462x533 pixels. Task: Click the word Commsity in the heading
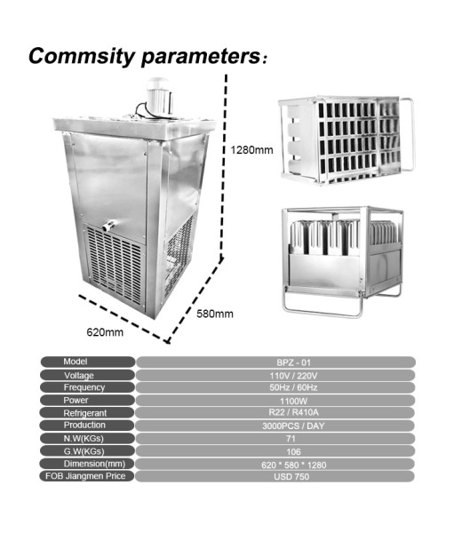click(x=82, y=57)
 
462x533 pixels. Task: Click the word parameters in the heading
click(x=201, y=57)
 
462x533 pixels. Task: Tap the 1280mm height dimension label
click(x=251, y=150)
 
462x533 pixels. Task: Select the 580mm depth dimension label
click(x=215, y=314)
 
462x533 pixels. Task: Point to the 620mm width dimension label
click(x=105, y=332)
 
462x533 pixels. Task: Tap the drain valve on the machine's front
click(x=109, y=226)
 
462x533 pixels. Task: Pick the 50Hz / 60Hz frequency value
click(x=294, y=387)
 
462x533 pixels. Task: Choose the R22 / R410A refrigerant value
click(x=294, y=413)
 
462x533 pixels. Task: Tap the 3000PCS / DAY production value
click(x=293, y=426)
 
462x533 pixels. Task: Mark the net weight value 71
click(x=291, y=439)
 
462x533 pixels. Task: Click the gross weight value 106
click(x=293, y=452)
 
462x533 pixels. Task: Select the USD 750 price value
click(x=291, y=476)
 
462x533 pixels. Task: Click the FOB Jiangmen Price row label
click(x=85, y=476)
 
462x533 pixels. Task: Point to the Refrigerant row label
click(x=85, y=413)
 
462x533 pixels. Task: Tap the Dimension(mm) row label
click(x=94, y=464)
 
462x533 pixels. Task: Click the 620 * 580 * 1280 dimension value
click(x=294, y=465)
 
